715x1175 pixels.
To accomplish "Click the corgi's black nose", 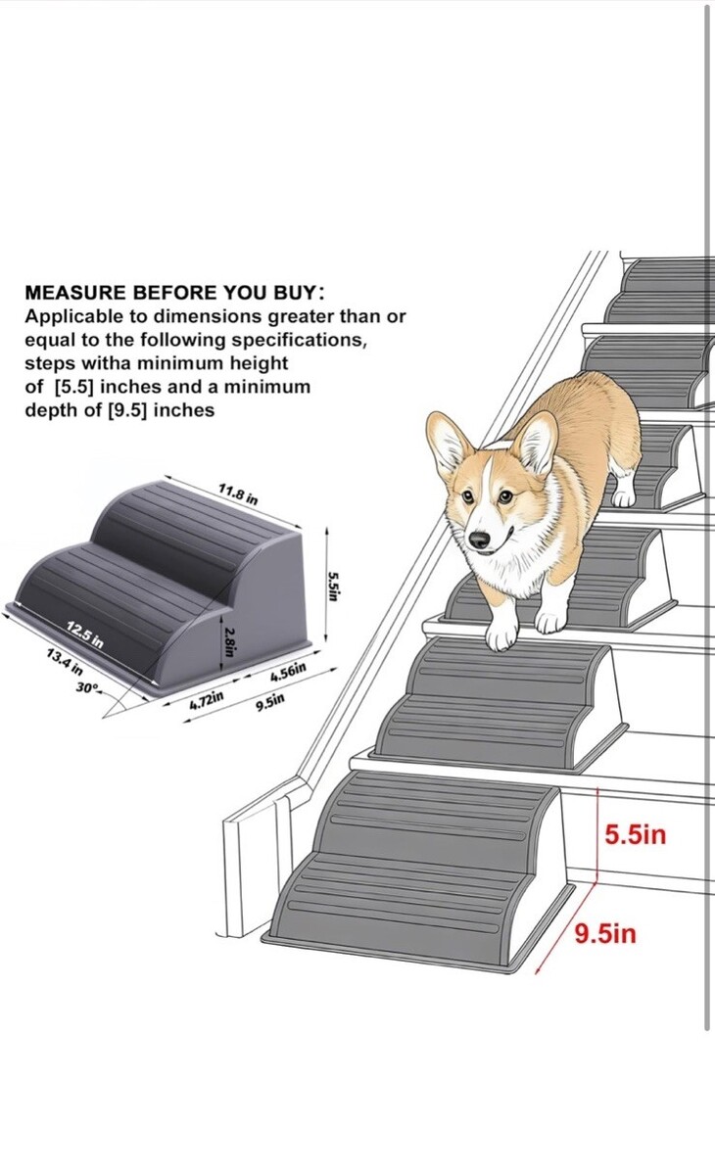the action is click(x=480, y=540).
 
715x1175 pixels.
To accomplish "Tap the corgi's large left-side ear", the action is click(x=448, y=445).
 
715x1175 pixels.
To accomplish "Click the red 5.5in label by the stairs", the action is click(x=636, y=833).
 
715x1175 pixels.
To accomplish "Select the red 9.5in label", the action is click(x=605, y=934).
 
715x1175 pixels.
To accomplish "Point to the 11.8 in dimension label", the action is click(x=238, y=494).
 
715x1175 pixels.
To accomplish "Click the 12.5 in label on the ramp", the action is click(x=85, y=634).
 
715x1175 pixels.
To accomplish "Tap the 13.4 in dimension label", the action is click(x=65, y=662).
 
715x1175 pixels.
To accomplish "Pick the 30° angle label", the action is click(x=87, y=687).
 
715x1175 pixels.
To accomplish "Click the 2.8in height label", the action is click(x=229, y=641).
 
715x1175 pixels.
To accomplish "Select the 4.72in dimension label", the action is click(x=207, y=700).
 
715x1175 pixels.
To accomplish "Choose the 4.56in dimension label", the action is click(x=287, y=673).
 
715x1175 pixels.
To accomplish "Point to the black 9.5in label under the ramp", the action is click(x=270, y=700).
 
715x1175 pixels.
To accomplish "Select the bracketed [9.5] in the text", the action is click(x=127, y=409).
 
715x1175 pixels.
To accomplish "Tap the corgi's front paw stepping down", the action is click(x=500, y=635).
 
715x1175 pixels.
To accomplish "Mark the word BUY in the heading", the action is click(x=296, y=292).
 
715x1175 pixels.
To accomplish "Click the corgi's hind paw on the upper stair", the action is click(x=624, y=497).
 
